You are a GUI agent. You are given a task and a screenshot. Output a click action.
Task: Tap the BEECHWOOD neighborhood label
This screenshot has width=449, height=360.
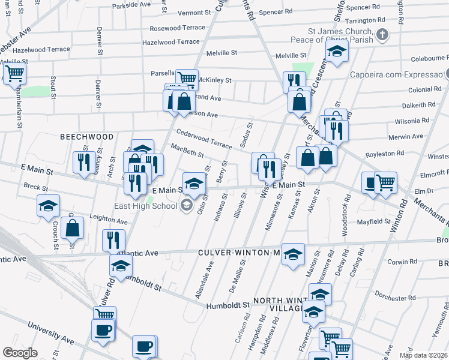(86, 137)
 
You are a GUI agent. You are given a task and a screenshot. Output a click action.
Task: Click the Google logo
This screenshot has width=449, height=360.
(20, 353)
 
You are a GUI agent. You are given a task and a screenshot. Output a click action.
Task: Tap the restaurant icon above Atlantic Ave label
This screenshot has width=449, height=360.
(113, 240)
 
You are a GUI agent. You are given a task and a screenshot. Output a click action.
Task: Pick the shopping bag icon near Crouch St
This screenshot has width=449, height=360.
(72, 228)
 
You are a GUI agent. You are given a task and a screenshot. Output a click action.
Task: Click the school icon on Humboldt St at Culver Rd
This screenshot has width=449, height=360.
(121, 266)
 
